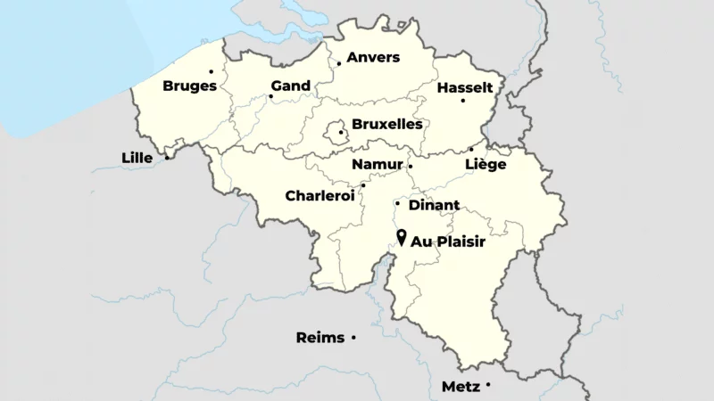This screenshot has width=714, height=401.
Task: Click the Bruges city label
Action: point(189,86)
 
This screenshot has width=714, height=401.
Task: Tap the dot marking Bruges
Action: point(212,71)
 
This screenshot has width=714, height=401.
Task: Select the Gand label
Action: point(291,86)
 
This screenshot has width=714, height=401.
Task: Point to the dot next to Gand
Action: point(271,96)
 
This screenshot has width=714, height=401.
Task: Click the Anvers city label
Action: point(373,58)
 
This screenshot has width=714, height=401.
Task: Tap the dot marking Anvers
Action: point(339,63)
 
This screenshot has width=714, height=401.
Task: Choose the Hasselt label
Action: point(465,87)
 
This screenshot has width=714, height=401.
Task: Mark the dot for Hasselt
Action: point(462,100)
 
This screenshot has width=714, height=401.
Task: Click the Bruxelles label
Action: point(387,125)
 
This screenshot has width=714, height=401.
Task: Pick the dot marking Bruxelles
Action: point(341,133)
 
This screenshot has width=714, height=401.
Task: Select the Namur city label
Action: point(377,165)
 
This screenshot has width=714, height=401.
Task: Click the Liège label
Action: point(486,165)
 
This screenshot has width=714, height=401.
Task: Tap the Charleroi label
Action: point(320,195)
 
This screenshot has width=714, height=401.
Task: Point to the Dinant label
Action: point(434,206)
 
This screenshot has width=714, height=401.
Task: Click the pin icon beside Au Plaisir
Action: point(402,238)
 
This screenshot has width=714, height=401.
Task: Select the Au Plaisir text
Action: point(448,241)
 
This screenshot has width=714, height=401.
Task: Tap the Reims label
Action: point(320,338)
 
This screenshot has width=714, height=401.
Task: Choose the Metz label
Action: point(461,388)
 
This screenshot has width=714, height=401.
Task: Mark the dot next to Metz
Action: point(488,384)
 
